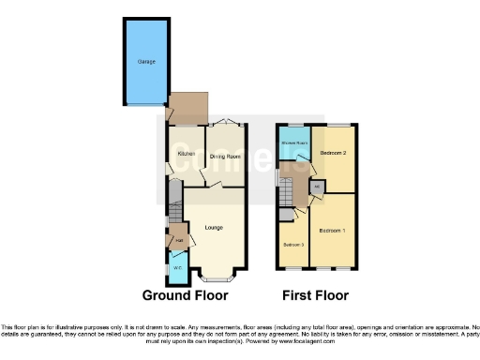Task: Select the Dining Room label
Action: tap(226, 156)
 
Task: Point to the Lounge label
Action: tap(215, 226)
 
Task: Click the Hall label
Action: tap(177, 241)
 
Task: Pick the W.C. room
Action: tap(177, 268)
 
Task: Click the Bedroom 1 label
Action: tap(332, 230)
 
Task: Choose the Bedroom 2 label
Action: tap(333, 152)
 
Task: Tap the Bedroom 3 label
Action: tap(293, 245)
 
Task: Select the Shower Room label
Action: tap(296, 143)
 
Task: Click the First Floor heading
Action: tap(315, 295)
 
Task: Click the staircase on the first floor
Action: tap(288, 196)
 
